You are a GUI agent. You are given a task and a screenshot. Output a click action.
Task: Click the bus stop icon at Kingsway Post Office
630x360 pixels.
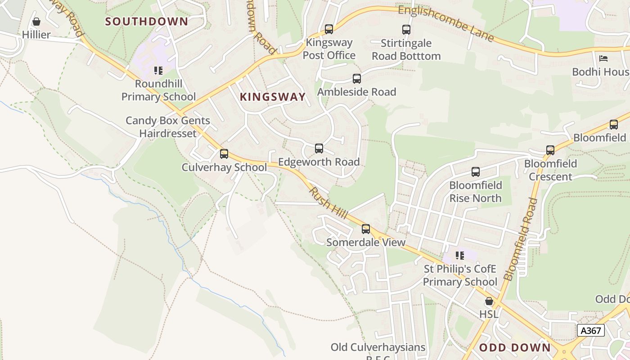(x=329, y=29)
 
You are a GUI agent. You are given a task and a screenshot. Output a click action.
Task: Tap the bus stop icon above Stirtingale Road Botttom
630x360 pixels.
(x=406, y=30)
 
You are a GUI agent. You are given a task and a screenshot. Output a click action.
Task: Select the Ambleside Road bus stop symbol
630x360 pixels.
(x=357, y=79)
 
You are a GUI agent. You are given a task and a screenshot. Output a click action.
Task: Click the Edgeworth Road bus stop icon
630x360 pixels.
(x=319, y=148)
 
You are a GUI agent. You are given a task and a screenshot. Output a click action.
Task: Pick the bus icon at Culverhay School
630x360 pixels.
(x=224, y=154)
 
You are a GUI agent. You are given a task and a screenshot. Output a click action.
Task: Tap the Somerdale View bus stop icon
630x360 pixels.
(x=366, y=229)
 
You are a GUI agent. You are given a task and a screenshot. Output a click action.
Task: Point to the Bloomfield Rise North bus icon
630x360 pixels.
(x=476, y=172)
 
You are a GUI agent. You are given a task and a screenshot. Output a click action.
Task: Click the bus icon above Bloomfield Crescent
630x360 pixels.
(x=550, y=150)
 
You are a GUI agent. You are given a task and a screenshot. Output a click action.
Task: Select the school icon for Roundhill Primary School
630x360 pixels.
(x=158, y=71)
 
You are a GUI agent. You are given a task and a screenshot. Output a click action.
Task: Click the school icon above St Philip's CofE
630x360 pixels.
(x=459, y=256)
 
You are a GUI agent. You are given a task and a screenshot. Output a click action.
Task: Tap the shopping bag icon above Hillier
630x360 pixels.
(x=36, y=22)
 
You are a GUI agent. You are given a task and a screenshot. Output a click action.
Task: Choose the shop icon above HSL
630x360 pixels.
(x=489, y=301)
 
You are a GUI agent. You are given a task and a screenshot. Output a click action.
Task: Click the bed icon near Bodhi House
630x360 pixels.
(x=603, y=58)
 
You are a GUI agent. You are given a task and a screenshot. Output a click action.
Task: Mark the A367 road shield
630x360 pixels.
(x=590, y=330)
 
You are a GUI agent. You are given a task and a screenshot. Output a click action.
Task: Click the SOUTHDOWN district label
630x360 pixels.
(x=147, y=22)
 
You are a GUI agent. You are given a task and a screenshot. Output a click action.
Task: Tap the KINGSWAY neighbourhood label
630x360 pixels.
(x=273, y=97)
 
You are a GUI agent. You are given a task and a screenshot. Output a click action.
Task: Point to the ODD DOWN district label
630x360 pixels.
(x=515, y=347)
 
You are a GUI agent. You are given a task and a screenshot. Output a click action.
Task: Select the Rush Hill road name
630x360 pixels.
(x=328, y=203)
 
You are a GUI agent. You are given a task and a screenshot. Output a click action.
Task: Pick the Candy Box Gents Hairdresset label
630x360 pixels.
(x=168, y=127)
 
